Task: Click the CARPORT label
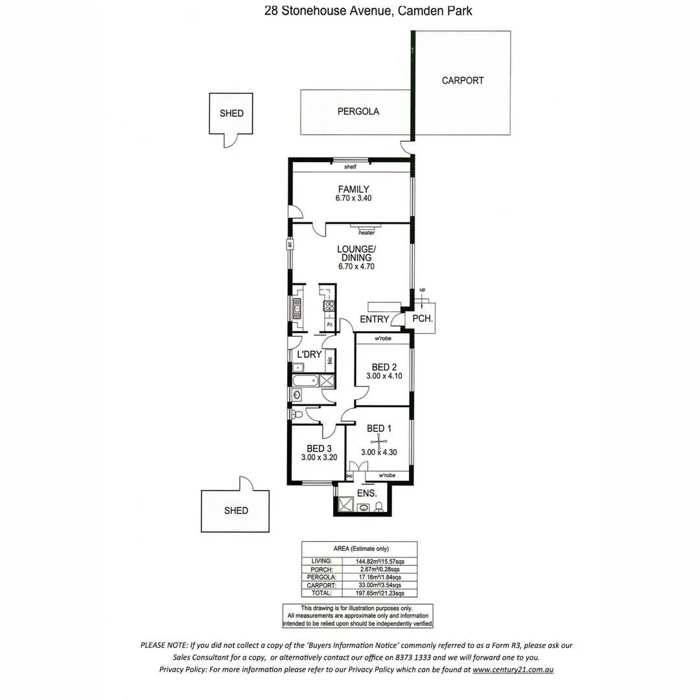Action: coord(463,81)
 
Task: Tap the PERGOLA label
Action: coord(358,111)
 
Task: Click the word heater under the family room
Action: coord(367,233)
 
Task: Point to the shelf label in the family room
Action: coord(351,167)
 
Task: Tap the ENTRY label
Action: coord(374,320)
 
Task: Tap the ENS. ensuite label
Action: coord(367,493)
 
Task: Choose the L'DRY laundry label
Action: coord(309,355)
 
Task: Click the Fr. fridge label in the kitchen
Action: coord(329,325)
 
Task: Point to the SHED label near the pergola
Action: coord(231,113)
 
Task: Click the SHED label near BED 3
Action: coord(236,511)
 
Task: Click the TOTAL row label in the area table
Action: coord(321,592)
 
